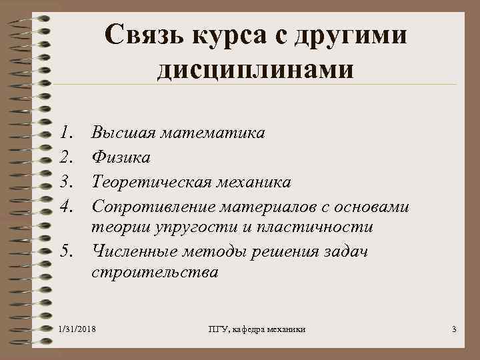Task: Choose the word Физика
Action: point(121,157)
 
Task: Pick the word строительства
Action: point(154,273)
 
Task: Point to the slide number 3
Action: point(453,330)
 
